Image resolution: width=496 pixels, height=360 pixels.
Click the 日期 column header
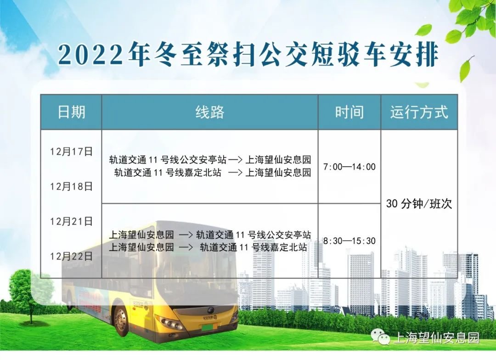(71, 112)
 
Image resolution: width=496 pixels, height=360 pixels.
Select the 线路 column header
(210, 112)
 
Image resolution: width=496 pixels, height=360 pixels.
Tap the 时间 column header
(349, 112)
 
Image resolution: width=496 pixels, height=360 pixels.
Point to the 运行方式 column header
(419, 112)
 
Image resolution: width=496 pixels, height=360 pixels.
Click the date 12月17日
(71, 152)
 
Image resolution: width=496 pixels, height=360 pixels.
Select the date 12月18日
(71, 186)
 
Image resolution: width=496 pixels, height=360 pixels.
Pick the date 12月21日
(71, 221)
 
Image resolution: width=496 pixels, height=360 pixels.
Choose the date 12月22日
(71, 256)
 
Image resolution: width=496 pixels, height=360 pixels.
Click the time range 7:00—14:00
(349, 166)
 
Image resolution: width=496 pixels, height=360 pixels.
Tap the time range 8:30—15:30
(349, 241)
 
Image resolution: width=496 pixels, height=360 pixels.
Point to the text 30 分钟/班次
(419, 204)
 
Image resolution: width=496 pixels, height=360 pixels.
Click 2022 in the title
(90, 54)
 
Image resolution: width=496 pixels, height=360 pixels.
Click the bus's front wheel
(120, 321)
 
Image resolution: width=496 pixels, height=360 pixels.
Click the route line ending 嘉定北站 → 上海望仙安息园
(212, 173)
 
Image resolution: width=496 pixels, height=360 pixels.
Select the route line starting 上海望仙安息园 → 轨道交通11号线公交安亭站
(210, 235)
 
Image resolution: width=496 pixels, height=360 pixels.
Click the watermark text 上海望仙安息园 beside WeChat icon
(437, 337)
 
